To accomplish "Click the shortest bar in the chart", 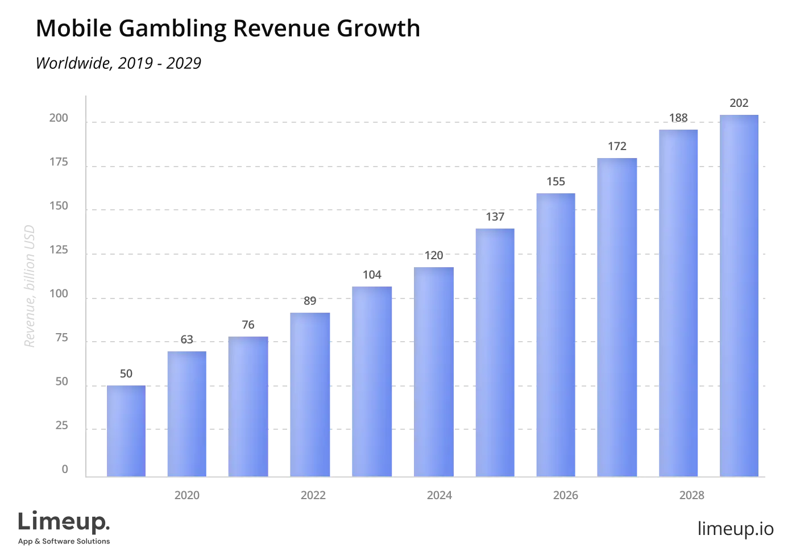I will click(x=125, y=430).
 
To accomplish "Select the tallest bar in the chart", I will click(x=739, y=296).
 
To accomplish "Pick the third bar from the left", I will click(x=248, y=406).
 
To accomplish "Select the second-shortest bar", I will click(x=186, y=413).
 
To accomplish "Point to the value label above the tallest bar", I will click(x=739, y=103).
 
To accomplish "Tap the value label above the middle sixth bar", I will click(x=434, y=255).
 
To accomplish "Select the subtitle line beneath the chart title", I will click(x=120, y=64).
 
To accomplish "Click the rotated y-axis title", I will click(x=30, y=286).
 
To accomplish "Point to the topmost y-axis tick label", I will click(x=57, y=117).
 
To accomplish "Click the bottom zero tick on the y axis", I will click(x=64, y=471).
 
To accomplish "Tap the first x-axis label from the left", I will click(x=186, y=493).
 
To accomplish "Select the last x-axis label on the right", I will click(x=691, y=493).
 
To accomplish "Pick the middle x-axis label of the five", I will click(x=439, y=493).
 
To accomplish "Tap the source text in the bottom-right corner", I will click(x=735, y=528).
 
